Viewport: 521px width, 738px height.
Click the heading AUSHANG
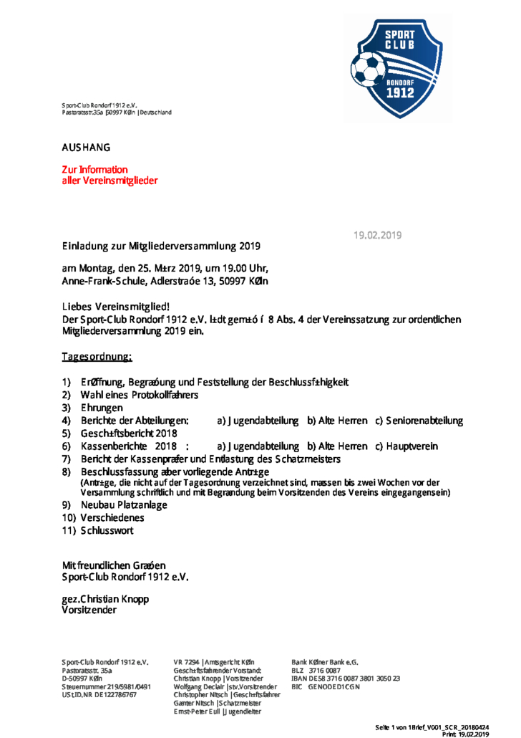86,148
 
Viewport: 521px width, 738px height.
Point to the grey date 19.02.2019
378,235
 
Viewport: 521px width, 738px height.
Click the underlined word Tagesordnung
97,356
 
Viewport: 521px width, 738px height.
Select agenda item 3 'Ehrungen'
102,408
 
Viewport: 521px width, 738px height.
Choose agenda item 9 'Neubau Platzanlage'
124,504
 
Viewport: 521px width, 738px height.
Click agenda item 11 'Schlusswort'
107,530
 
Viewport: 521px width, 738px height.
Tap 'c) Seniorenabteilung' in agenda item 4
419,421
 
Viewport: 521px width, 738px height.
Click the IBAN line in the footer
345,678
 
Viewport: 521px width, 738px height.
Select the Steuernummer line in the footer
106,686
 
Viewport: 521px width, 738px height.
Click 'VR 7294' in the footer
187,661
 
